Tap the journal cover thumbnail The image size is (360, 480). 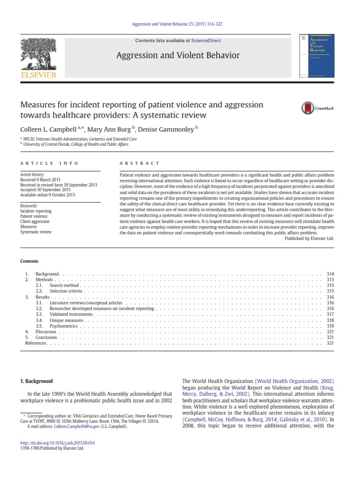316,56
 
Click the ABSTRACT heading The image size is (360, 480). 140,163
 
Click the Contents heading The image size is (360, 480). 29,261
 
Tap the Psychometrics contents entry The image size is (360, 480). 63,325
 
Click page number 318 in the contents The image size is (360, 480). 330,320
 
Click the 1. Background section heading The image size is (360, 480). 37,381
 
